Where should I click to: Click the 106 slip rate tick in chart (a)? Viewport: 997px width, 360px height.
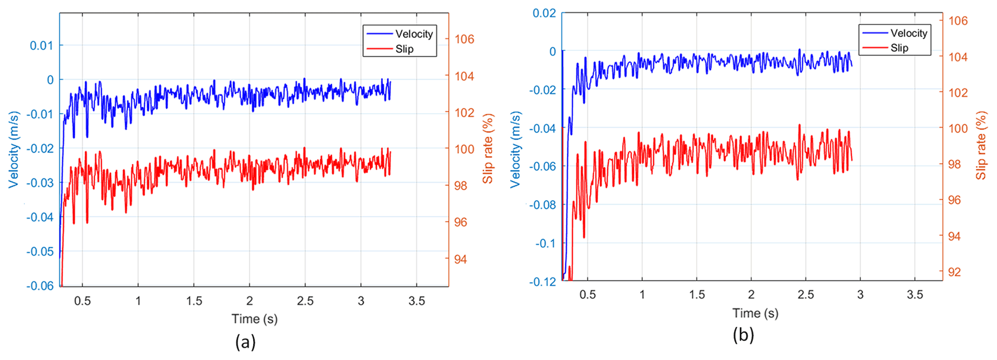(464, 39)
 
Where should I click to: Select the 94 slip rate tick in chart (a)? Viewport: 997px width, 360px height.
(461, 259)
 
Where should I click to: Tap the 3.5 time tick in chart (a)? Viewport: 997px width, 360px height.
(417, 301)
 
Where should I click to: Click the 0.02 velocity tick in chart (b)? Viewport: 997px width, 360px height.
(544, 13)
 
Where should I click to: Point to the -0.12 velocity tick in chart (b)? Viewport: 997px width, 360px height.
(542, 282)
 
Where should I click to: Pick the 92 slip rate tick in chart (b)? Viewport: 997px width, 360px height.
(954, 272)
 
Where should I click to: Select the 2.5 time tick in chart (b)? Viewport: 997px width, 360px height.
(806, 294)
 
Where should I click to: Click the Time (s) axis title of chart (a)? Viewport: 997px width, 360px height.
(255, 318)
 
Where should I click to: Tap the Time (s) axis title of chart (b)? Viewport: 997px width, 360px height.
(755, 313)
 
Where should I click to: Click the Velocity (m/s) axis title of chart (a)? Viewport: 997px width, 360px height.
(14, 150)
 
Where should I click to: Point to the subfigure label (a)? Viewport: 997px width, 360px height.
(246, 342)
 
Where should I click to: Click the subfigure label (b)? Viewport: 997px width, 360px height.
(743, 334)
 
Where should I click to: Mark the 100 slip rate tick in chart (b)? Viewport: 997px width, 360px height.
(958, 128)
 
